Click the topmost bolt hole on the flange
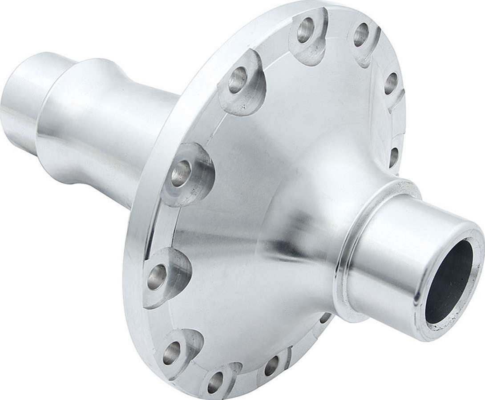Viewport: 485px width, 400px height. pyautogui.click(x=305, y=30)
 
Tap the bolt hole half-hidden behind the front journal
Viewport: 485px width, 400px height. pyautogui.click(x=325, y=318)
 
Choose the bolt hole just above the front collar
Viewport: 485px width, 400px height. pyautogui.click(x=394, y=157)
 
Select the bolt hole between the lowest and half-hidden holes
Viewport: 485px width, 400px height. pyautogui.click(x=271, y=365)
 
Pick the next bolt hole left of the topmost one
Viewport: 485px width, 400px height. pyautogui.click(x=238, y=80)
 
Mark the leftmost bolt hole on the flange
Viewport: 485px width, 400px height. pyautogui.click(x=157, y=276)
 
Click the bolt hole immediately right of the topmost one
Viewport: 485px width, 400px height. pyautogui.click(x=361, y=35)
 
